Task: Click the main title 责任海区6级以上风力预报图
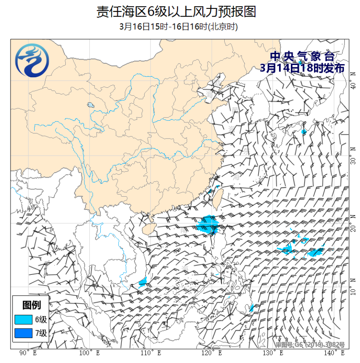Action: (x=176, y=12)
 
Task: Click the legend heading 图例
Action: (x=32, y=305)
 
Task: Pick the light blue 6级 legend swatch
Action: (x=24, y=319)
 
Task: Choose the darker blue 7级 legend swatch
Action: (x=24, y=333)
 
